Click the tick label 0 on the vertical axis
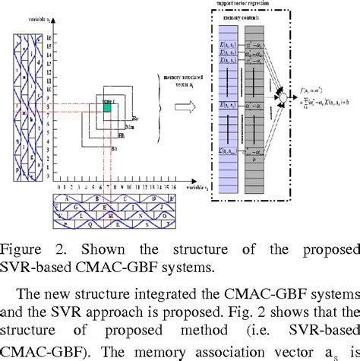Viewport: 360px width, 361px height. [x=48, y=185]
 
